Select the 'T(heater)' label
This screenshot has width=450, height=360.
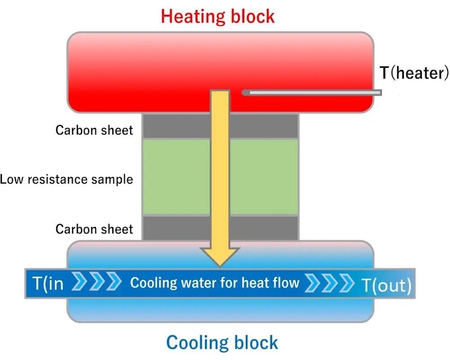tap(414, 73)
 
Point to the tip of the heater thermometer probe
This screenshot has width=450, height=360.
tap(245, 92)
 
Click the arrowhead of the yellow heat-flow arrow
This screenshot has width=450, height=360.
tap(221, 254)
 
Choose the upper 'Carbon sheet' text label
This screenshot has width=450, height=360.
tap(94, 130)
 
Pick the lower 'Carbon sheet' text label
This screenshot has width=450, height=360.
tap(94, 229)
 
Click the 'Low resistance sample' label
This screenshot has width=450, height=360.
tap(67, 179)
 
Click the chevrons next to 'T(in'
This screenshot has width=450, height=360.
tap(92, 282)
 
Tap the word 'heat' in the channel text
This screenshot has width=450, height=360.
tap(247, 282)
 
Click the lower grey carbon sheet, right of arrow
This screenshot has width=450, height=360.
tap(264, 227)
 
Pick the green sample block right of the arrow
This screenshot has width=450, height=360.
tap(264, 178)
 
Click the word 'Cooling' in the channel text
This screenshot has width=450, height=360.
tap(150, 283)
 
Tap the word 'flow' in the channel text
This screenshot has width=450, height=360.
tap(283, 282)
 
